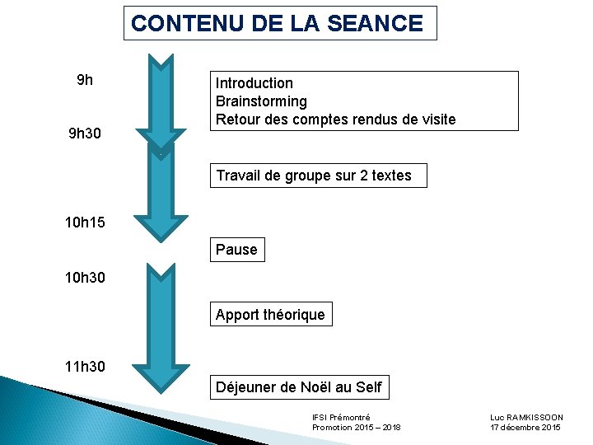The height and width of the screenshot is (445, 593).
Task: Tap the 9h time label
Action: click(x=85, y=81)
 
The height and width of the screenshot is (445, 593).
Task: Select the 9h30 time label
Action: click(x=85, y=133)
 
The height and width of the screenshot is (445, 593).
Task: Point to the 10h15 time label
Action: click(x=85, y=222)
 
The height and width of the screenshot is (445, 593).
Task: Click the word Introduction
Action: click(x=254, y=83)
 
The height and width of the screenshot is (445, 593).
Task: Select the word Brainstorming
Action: click(x=261, y=101)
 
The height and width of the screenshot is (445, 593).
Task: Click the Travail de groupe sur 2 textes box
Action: click(x=318, y=175)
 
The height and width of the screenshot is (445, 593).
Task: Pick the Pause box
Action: click(x=236, y=250)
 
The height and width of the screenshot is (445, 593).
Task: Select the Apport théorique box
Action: click(x=270, y=315)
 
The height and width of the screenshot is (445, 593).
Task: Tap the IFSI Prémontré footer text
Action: click(x=341, y=418)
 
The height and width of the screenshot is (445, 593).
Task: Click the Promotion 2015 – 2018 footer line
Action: click(x=357, y=428)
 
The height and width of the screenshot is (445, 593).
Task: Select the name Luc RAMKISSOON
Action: click(x=526, y=418)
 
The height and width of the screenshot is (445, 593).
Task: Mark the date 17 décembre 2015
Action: click(x=525, y=428)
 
